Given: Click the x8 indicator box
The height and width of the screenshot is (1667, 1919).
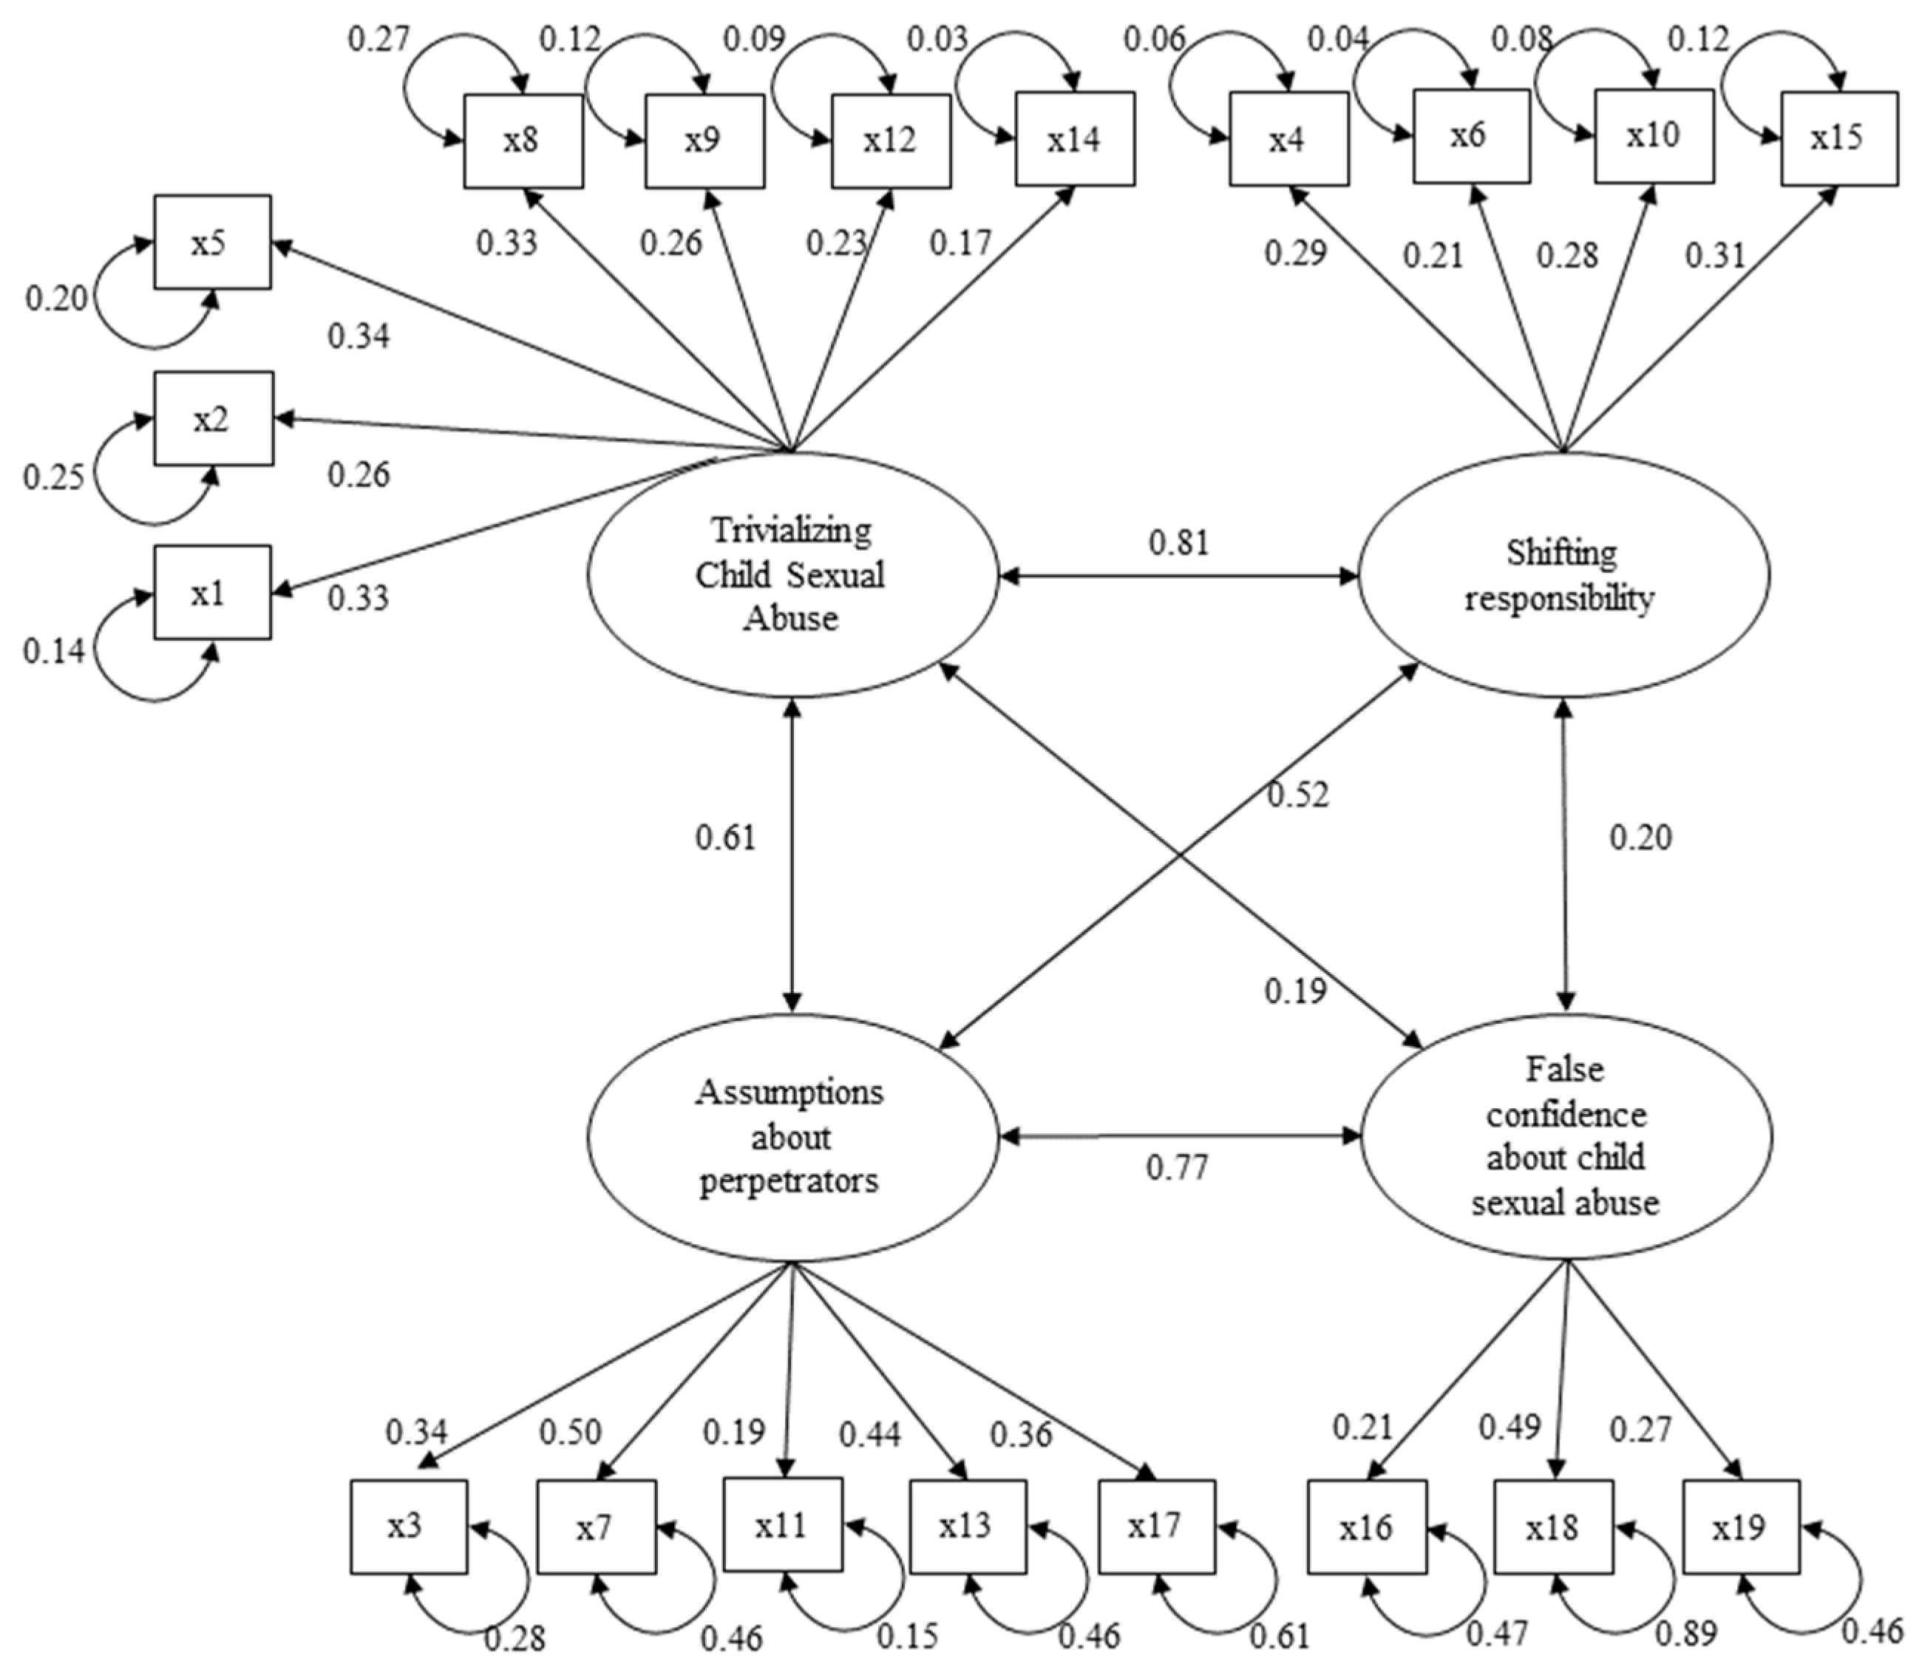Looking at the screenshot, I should pyautogui.click(x=523, y=140).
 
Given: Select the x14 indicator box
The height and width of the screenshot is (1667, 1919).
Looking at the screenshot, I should pyautogui.click(x=1073, y=138).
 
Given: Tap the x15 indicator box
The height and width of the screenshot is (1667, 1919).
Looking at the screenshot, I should pyautogui.click(x=1837, y=137).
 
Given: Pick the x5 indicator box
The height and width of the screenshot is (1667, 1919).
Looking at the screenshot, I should pyautogui.click(x=212, y=242).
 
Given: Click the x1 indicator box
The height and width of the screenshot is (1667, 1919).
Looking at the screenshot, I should pyautogui.click(x=212, y=593).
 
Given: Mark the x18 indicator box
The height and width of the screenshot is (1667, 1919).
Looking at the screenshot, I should pyautogui.click(x=1552, y=1527).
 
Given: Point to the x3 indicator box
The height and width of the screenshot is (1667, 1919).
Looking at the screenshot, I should pyautogui.click(x=407, y=1527).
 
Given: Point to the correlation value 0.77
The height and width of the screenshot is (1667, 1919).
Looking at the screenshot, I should pyautogui.click(x=1176, y=1167).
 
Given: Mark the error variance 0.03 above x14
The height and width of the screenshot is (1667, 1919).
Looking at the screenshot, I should pyautogui.click(x=937, y=40).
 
